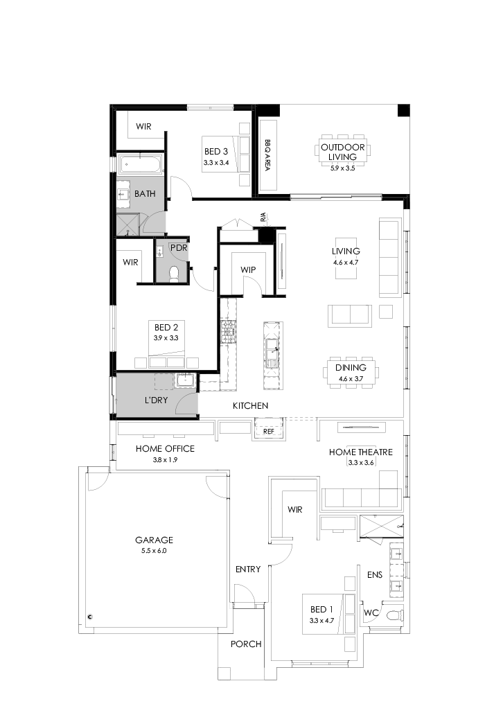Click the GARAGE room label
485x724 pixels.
154,540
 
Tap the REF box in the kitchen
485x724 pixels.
270,431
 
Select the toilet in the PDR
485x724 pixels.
174,274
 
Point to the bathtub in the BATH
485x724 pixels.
141,165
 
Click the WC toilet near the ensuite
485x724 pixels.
394,614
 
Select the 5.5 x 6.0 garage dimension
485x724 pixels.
154,551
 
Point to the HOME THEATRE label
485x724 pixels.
360,452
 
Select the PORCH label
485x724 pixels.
246,644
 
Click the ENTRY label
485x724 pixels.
248,570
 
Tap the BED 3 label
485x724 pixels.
215,152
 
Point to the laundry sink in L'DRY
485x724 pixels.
185,380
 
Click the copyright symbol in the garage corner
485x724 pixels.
90,615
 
